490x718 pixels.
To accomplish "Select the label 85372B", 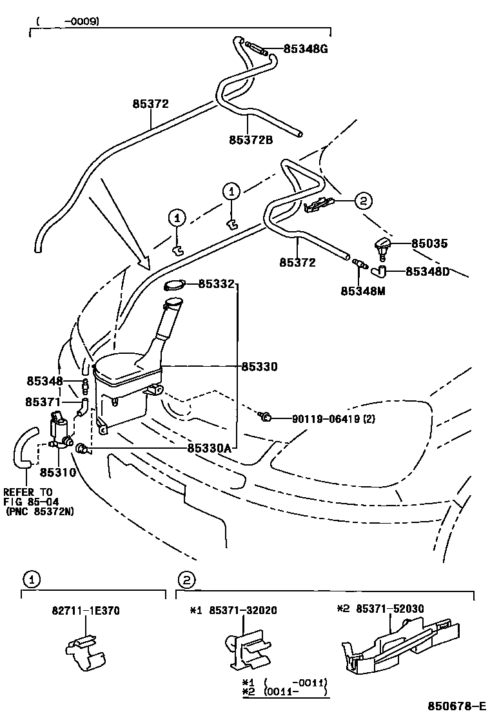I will pos(250,139).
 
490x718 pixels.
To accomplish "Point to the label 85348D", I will pos(427,271).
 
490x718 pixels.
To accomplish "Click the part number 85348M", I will pos(362,291).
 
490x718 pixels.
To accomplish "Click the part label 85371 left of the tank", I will pos(43,402).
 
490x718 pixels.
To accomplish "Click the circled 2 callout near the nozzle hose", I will pos(362,201).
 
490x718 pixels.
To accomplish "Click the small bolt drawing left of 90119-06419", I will pos(264,417).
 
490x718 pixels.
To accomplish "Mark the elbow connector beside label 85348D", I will pos(380,272).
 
